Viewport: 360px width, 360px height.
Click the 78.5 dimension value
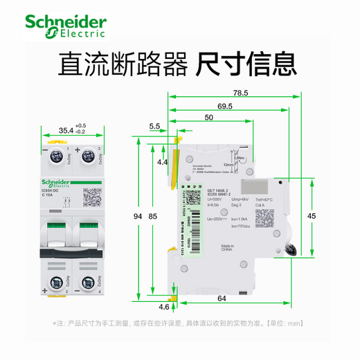pyautogui.click(x=240, y=93)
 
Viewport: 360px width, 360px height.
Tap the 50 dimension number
pyautogui.click(x=209, y=118)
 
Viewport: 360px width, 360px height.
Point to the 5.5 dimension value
pyautogui.click(x=154, y=126)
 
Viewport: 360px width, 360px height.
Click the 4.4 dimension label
pyautogui.click(x=162, y=162)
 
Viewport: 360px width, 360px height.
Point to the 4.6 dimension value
pyautogui.click(x=163, y=306)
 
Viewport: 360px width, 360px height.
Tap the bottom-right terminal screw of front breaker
pyautogui.click(x=88, y=282)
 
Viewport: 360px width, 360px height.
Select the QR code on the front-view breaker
pyautogui.click(x=93, y=197)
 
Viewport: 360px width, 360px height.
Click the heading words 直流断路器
pyautogui.click(x=122, y=65)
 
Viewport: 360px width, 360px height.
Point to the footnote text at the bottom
pyautogui.click(x=179, y=323)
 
